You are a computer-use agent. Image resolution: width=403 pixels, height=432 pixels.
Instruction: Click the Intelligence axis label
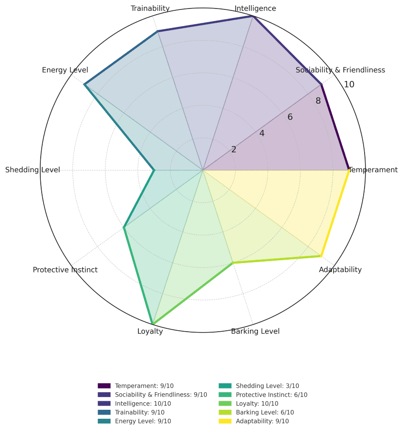click(x=256, y=9)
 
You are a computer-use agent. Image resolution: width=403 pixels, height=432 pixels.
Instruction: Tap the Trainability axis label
click(x=150, y=9)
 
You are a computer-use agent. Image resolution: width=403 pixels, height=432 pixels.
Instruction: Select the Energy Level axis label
click(x=65, y=70)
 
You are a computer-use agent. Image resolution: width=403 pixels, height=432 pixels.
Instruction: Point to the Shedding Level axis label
click(x=33, y=170)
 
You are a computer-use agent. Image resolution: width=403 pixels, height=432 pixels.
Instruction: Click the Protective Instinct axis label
click(x=65, y=270)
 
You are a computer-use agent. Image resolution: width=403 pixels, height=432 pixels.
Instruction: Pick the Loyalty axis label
click(x=150, y=331)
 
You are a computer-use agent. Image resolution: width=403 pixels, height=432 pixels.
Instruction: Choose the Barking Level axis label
click(x=255, y=331)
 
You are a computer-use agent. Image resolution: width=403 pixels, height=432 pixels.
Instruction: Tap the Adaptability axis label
click(x=340, y=270)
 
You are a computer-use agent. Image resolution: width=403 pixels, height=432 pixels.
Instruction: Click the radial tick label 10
click(x=349, y=85)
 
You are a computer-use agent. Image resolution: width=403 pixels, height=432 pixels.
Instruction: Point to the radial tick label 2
click(x=233, y=150)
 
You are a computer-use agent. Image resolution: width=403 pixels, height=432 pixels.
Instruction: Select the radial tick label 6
click(x=290, y=117)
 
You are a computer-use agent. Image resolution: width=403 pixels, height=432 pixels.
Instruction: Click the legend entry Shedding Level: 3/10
click(x=267, y=386)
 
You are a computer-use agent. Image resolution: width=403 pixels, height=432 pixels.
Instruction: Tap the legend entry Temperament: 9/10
click(x=144, y=386)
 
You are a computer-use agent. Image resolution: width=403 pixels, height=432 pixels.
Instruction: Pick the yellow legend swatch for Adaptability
click(x=227, y=421)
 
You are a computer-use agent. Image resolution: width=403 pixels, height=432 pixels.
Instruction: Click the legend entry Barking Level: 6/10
click(x=265, y=412)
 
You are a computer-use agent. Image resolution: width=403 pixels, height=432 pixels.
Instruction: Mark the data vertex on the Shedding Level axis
click(x=154, y=170)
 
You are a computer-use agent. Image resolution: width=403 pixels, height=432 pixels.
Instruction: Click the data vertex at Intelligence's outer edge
click(x=253, y=16)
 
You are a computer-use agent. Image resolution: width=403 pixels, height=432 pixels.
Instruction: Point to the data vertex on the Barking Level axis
click(x=233, y=263)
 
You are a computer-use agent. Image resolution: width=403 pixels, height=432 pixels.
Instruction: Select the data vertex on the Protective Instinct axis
click(x=124, y=227)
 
